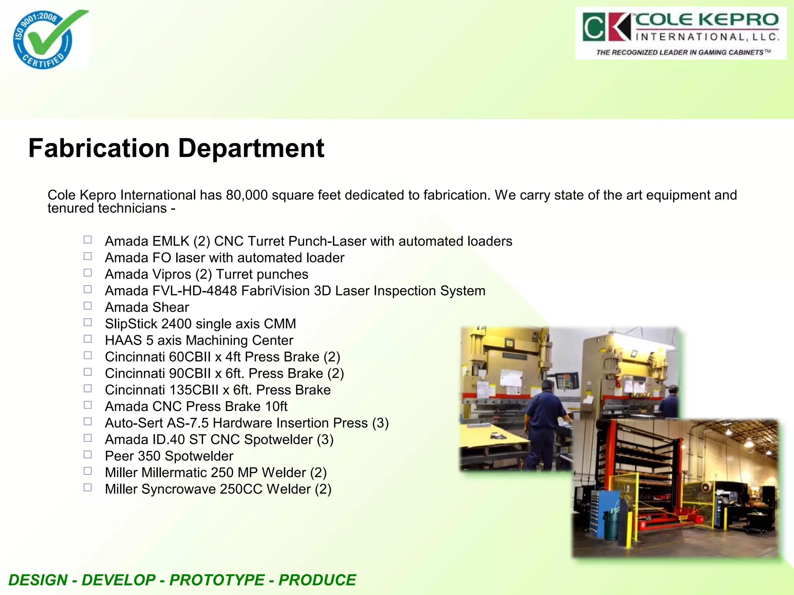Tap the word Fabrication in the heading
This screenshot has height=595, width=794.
(99, 148)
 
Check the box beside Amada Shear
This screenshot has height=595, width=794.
(88, 306)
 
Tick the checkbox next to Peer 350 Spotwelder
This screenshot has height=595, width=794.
(88, 454)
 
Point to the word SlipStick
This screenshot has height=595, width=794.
(131, 324)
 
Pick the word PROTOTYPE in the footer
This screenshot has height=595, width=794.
(217, 580)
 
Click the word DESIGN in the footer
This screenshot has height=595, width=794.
(38, 580)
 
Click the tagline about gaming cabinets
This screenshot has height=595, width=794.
(683, 52)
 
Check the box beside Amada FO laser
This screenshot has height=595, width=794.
(88, 256)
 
